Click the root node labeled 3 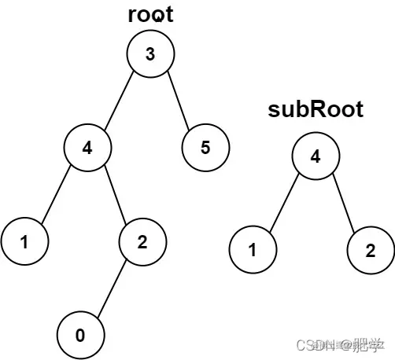click(x=150, y=54)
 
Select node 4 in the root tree click(x=87, y=148)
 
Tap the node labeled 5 click(x=205, y=148)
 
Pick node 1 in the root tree click(x=24, y=242)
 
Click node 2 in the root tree click(x=142, y=242)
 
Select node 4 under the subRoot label click(x=316, y=156)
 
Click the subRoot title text click(x=316, y=110)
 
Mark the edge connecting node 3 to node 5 click(x=178, y=101)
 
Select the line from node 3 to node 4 click(x=119, y=101)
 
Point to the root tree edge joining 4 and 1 click(x=56, y=195)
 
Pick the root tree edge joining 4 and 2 click(x=115, y=195)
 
